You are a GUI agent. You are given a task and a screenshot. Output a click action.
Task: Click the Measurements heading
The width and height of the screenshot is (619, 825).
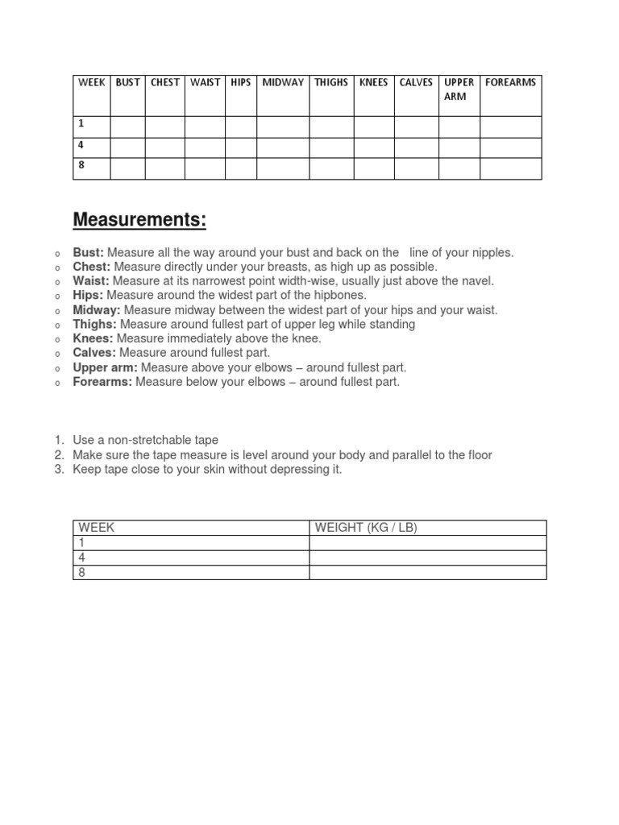click(139, 220)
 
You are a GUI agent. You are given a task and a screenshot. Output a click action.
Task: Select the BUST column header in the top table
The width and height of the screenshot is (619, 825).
click(127, 83)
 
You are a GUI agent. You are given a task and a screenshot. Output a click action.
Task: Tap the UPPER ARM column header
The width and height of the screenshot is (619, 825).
click(459, 89)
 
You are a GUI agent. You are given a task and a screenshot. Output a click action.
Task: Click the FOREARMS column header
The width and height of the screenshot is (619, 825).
click(510, 83)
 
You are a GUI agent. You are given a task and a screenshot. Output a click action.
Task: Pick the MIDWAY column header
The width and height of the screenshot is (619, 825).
click(283, 83)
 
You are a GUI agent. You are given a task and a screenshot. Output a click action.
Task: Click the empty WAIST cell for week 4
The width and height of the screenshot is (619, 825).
click(205, 147)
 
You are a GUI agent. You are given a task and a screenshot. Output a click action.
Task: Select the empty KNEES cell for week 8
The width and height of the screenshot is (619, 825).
click(373, 168)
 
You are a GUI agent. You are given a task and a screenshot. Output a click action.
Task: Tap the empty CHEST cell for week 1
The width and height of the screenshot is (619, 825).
click(165, 126)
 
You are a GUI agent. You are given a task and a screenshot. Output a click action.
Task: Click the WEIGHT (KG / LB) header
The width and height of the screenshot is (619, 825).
click(366, 528)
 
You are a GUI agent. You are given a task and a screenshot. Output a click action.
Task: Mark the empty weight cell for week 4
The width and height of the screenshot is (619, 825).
click(428, 558)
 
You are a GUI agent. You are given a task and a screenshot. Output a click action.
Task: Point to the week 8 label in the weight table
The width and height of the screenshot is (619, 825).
click(81, 572)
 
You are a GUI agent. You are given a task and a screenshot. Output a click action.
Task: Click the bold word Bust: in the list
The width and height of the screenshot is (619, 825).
click(89, 253)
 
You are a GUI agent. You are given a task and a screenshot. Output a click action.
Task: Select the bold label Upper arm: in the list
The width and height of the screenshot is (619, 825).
click(106, 367)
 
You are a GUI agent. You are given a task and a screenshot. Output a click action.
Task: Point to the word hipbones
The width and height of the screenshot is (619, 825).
click(337, 296)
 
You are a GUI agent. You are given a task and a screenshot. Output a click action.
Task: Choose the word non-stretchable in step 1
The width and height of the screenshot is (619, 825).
click(150, 440)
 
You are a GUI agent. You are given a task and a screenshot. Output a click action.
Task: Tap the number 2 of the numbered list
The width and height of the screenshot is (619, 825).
click(59, 455)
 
